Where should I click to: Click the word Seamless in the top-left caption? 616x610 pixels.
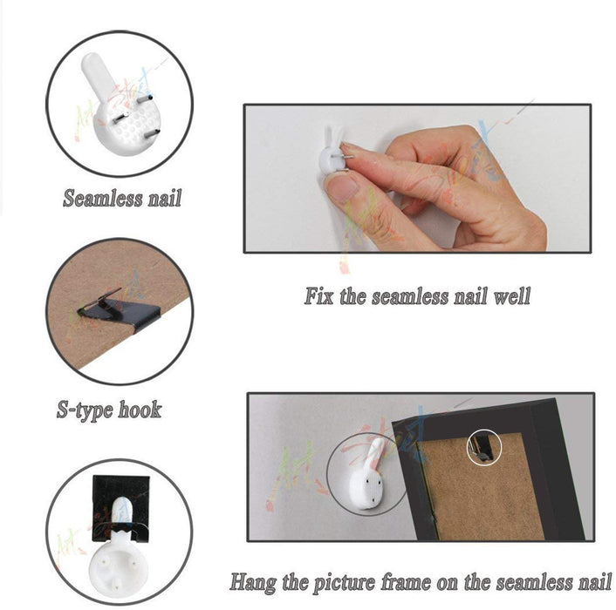102,198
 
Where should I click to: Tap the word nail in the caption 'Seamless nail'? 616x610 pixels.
165,198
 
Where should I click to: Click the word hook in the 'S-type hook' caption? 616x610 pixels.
140,410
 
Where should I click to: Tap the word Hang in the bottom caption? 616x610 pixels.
253,582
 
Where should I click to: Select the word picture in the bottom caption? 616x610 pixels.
344,583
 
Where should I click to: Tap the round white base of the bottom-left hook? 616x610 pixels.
119,565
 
